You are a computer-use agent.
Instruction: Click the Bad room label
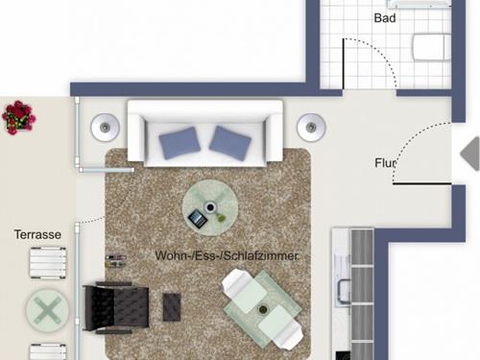385,18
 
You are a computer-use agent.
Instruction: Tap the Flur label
386,163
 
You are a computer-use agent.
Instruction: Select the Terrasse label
37,234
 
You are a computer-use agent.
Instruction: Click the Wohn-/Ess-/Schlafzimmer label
227,255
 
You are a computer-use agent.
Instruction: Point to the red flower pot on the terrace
18,117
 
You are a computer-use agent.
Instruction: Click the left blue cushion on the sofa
180,142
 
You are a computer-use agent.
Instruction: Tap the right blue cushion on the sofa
229,143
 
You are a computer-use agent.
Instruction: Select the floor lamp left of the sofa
105,128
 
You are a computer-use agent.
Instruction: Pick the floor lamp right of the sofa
311,128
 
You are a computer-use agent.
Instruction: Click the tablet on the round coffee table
197,219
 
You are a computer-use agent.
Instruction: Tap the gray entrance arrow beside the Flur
470,154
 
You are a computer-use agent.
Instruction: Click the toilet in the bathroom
432,47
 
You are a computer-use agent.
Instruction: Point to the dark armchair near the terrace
116,308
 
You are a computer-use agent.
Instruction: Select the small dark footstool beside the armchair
172,307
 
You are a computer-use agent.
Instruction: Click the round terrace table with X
47,310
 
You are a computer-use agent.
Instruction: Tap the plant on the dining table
263,309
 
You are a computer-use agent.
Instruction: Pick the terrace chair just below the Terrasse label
48,262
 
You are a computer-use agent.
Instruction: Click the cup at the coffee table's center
210,207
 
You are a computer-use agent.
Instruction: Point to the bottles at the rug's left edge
115,260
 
